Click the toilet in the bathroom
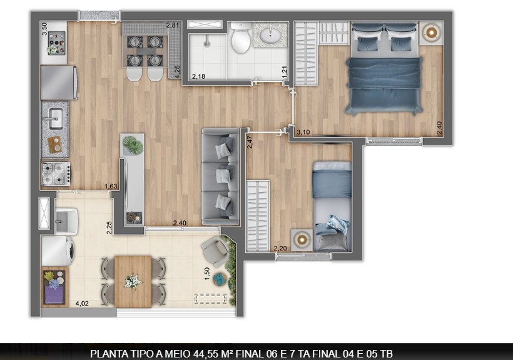tap(240, 39)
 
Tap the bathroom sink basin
tap(271, 35)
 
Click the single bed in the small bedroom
tap(332, 205)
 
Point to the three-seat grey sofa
tap(221, 177)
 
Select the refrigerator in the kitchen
tap(58, 83)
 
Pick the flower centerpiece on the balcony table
tap(133, 281)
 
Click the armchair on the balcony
tap(214, 252)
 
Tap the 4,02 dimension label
tap(81, 304)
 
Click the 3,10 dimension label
tap(303, 132)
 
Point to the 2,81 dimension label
tap(173, 25)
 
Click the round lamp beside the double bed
tap(430, 33)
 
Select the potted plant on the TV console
tap(133, 145)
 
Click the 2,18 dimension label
tap(198, 76)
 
